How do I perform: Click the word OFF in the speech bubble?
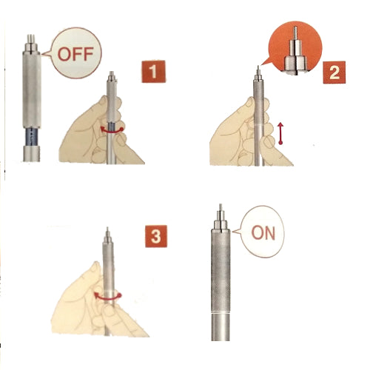tap(75, 54)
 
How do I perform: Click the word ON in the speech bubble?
tap(263, 232)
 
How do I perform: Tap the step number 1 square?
tap(153, 71)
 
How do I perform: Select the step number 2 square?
tap(334, 73)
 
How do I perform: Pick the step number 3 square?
tap(155, 236)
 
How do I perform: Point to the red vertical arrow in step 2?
tap(280, 133)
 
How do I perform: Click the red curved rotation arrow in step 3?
tap(108, 297)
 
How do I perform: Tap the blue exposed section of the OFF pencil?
tap(31, 137)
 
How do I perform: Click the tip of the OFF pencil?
tap(31, 36)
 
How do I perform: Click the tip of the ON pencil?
tap(221, 205)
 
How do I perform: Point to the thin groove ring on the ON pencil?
tap(221, 313)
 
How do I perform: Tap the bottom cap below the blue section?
tap(32, 154)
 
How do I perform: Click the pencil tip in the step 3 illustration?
tap(107, 229)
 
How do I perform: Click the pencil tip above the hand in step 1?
tap(112, 73)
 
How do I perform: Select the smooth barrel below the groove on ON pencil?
tap(221, 328)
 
